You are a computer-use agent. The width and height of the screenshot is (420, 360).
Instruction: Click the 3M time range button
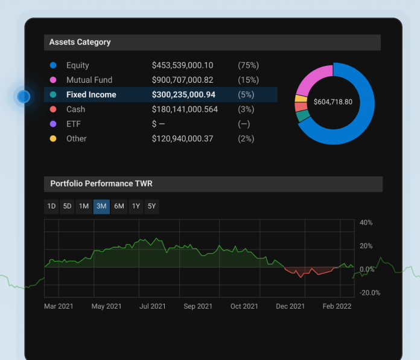tap(101, 207)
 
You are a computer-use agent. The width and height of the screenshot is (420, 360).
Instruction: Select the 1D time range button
tap(52, 207)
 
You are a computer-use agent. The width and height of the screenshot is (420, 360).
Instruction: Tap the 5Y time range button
tap(152, 207)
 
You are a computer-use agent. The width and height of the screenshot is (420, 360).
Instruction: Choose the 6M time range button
tap(119, 207)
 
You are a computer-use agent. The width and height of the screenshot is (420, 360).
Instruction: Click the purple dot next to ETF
tap(53, 124)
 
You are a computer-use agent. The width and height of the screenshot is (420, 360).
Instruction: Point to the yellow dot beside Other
tap(53, 138)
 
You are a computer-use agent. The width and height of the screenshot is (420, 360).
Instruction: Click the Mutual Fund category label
tap(89, 80)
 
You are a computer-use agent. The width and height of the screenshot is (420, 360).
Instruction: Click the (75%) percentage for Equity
tap(248, 65)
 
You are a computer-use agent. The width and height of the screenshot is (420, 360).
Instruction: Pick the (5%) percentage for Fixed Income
tap(246, 95)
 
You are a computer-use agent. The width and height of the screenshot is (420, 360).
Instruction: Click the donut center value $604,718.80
tap(333, 102)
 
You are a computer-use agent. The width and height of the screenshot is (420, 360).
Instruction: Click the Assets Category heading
tap(80, 42)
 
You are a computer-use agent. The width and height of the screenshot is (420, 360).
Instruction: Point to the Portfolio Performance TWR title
tap(101, 184)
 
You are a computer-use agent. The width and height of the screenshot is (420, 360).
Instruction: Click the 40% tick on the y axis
tap(366, 223)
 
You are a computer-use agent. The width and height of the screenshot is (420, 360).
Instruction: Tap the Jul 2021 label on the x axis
tap(153, 306)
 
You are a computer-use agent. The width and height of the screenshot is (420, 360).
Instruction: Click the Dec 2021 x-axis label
tap(290, 306)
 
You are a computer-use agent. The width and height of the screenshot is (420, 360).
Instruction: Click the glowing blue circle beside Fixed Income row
tap(24, 96)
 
